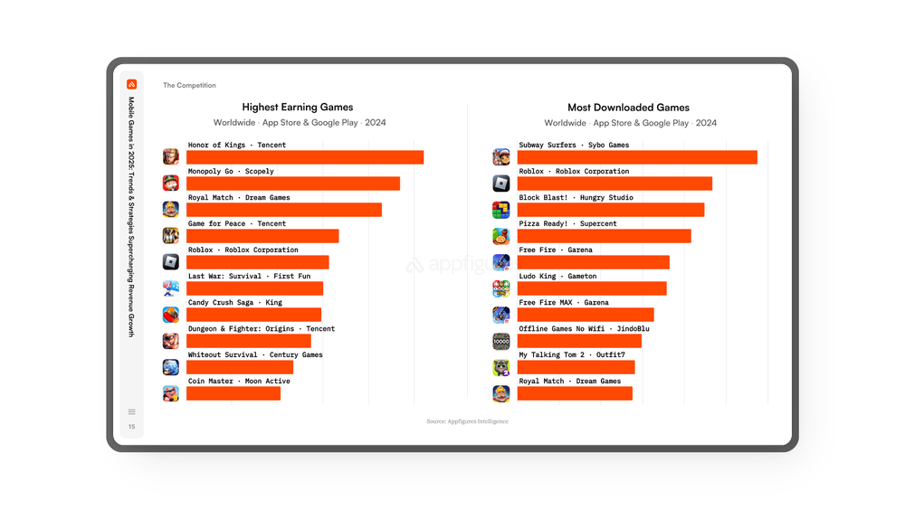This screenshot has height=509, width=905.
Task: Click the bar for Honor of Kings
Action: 305,157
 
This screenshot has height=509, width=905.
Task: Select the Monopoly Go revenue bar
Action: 293,184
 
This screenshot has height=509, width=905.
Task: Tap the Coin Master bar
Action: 233,393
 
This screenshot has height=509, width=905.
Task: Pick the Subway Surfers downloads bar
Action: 637,157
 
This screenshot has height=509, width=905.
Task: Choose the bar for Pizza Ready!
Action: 604,236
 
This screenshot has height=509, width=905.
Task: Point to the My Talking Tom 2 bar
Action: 576,367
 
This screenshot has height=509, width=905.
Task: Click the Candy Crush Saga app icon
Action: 171,315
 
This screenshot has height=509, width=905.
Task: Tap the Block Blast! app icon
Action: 501,210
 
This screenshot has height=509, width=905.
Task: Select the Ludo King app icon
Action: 501,288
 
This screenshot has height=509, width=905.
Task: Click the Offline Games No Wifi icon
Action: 501,341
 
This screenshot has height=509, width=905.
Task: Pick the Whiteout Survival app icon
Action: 171,367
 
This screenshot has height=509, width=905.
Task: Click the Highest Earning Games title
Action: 298,108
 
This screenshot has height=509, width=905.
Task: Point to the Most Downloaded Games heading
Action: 628,108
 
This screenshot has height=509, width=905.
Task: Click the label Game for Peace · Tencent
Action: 236,223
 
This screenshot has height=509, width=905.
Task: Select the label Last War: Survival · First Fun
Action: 249,276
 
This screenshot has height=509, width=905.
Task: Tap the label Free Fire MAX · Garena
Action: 564,302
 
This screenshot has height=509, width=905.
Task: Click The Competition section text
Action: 189,86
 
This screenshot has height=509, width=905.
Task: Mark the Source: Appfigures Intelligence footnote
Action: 467,421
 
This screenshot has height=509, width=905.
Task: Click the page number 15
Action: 131,427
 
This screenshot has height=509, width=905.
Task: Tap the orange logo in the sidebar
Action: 131,84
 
